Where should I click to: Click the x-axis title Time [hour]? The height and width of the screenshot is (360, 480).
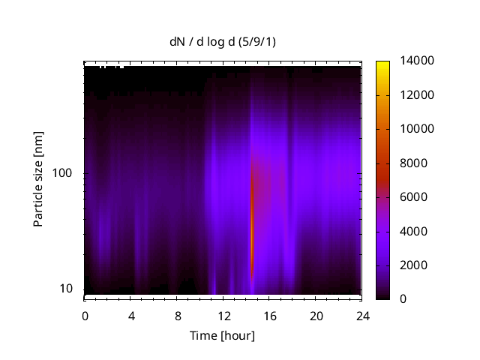pos(221,335)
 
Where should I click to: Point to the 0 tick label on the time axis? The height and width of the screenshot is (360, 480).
pos(85,316)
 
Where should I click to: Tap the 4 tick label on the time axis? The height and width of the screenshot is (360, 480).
pos(131,316)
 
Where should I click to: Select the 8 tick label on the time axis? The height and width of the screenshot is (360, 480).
pos(178,316)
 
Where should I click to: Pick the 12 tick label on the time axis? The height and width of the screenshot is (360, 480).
pos(223,316)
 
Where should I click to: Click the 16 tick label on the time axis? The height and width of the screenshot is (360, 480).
pos(270,316)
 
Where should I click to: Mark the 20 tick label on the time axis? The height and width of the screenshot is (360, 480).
pos(316,316)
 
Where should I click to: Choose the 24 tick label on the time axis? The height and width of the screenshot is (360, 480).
pos(363,316)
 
